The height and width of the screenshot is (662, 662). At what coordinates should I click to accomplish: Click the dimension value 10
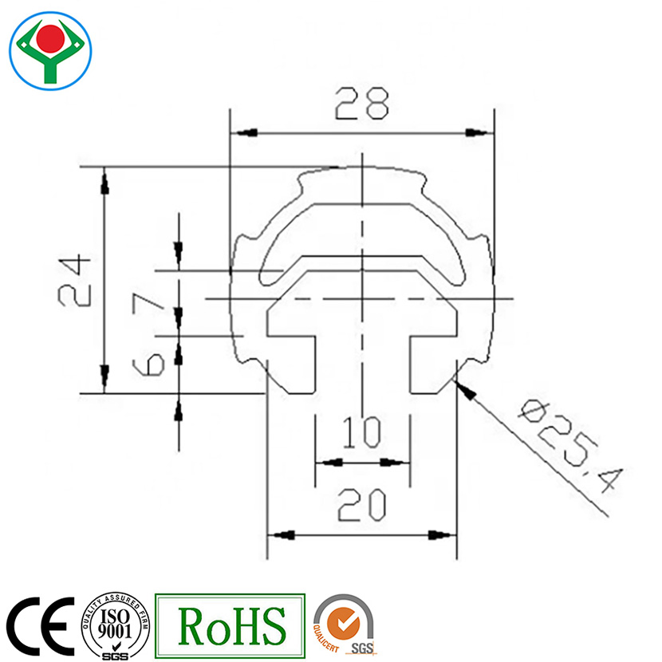tap(362, 434)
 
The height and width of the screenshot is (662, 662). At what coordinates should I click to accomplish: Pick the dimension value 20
tap(362, 505)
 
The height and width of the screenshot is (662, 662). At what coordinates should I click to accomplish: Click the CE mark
tap(40, 625)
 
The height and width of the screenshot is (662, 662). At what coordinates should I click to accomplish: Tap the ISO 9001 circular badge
tap(116, 625)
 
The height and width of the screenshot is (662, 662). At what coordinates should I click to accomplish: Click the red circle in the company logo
tap(51, 37)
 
